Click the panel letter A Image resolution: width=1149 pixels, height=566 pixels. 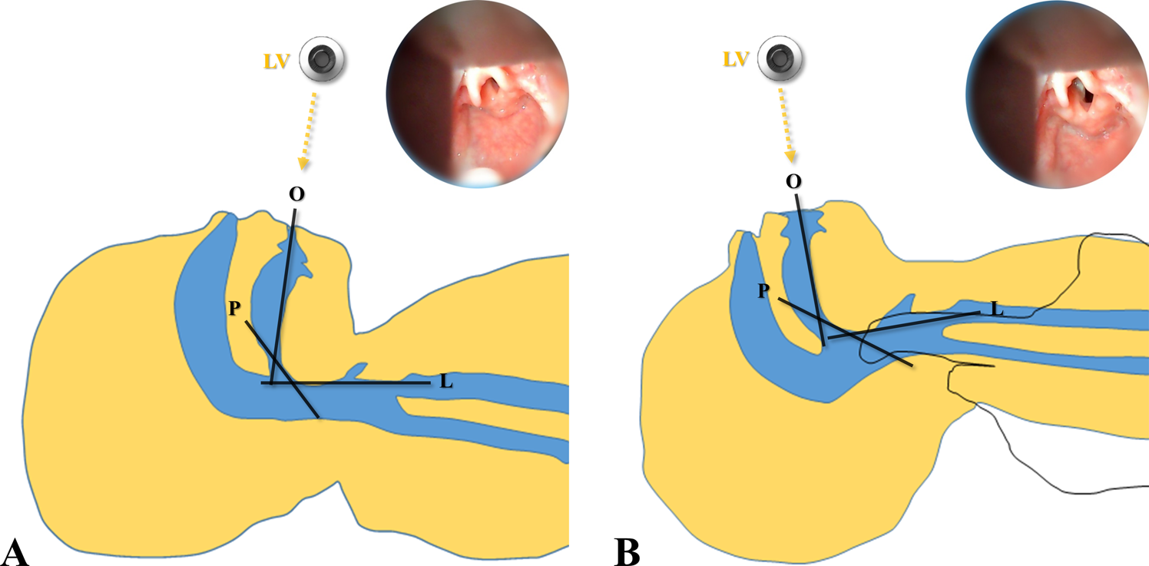point(16,551)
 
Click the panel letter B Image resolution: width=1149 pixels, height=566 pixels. point(627,551)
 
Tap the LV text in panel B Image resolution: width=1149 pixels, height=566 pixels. point(737,58)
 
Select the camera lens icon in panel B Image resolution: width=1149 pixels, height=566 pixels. point(779,58)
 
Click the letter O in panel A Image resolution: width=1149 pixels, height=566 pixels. point(296,194)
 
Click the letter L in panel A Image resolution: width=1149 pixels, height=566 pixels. point(445,381)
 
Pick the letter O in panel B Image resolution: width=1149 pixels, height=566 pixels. point(794,181)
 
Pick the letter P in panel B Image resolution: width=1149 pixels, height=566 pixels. point(763,290)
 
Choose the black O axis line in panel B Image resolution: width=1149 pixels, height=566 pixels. point(810,269)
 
